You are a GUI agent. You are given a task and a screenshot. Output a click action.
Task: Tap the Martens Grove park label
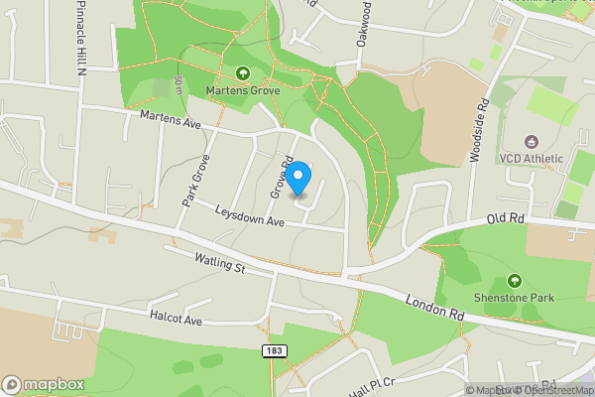243,90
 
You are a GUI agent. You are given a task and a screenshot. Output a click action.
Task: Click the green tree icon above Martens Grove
243,72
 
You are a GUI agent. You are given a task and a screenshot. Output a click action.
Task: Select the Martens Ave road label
171,122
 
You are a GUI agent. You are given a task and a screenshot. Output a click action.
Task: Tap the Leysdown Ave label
251,215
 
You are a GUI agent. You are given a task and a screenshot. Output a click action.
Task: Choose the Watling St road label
220,263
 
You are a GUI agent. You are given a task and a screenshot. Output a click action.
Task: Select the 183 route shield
277,351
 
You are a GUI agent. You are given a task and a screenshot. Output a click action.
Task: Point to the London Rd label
434,306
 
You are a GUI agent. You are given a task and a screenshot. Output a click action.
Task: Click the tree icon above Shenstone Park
514,281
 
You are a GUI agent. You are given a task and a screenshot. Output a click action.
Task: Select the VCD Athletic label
531,158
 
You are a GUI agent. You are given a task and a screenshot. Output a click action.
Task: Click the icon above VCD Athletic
531,141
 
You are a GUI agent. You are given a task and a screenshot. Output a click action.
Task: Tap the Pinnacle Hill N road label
79,45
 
